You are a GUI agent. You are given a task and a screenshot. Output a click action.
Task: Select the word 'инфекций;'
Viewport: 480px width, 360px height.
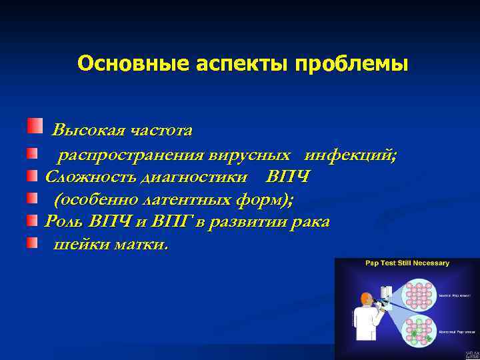351,155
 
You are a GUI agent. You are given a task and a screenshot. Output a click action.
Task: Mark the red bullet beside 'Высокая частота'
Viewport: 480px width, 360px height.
35,125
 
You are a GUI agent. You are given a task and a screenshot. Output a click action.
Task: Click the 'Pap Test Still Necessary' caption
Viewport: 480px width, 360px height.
407,263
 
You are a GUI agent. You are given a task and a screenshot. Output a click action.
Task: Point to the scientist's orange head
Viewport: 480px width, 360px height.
366,298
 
